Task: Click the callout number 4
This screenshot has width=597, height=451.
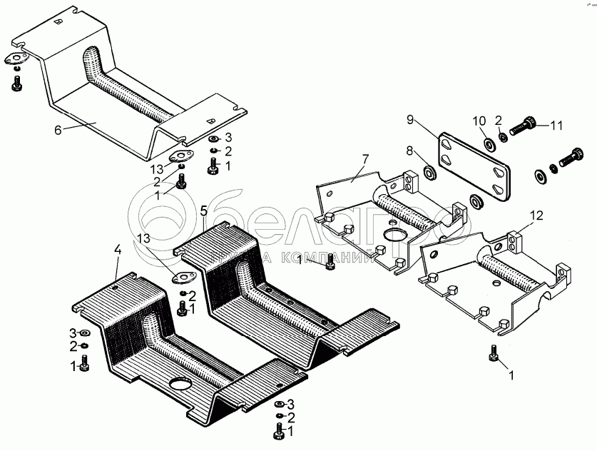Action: [118, 250]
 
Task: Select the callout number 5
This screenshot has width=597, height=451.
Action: [204, 211]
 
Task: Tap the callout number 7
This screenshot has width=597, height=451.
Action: [364, 158]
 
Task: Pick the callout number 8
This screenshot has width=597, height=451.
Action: [409, 151]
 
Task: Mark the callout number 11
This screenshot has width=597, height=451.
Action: [556, 126]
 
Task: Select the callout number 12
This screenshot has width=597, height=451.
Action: [536, 213]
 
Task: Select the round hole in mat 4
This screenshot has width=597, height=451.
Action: [181, 385]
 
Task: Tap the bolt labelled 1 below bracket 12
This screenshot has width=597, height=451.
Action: [493, 352]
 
